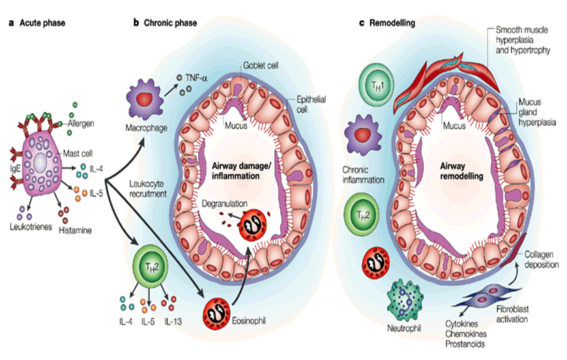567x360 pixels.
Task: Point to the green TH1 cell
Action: click(x=376, y=85)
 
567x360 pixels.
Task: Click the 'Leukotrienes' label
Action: click(x=31, y=225)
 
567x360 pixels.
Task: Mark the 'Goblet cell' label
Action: click(x=261, y=67)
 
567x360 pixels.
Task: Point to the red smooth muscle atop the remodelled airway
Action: click(x=450, y=77)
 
